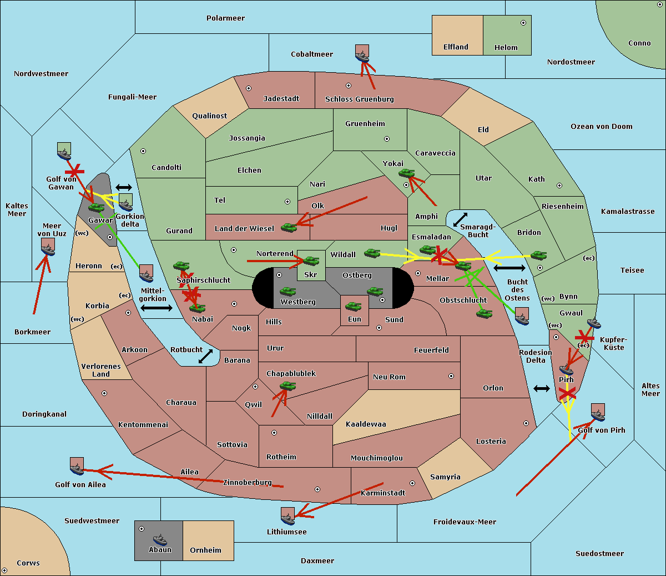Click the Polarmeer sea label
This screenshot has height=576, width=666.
[x=225, y=18]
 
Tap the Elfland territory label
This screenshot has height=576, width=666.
[x=456, y=47]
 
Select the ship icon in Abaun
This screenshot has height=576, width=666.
[x=159, y=540]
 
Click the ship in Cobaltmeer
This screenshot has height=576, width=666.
[x=362, y=55]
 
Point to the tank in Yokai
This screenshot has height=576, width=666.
[x=406, y=174]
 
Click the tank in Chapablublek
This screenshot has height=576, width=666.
[x=287, y=385]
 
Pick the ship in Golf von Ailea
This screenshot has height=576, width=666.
[x=77, y=468]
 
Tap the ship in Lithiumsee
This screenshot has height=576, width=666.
[x=287, y=518]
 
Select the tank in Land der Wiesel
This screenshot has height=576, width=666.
[x=289, y=227]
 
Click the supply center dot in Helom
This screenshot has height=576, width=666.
[x=523, y=23]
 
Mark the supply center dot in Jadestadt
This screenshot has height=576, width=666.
[x=249, y=88]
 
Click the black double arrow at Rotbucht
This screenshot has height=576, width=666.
[x=206, y=357]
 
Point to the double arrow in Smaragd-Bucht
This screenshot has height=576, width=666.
[x=460, y=219]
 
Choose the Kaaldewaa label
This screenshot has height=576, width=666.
[x=366, y=424]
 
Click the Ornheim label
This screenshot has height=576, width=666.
[x=205, y=550]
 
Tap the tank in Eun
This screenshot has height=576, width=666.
[x=353, y=306]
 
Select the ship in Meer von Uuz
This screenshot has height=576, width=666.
[x=48, y=248]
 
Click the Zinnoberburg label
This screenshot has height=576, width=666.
[x=248, y=483]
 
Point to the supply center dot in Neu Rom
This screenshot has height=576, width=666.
[x=451, y=376]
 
